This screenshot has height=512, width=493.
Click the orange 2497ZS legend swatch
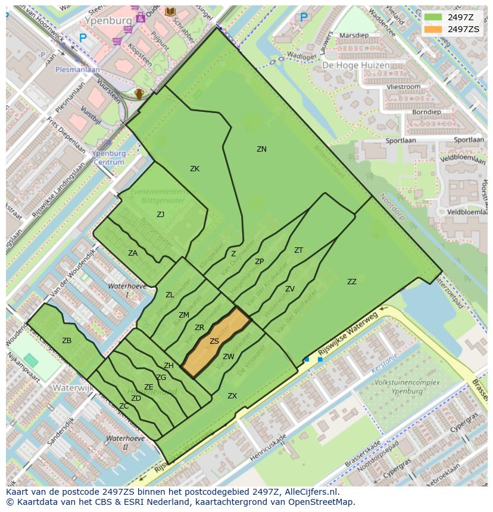click(433, 29)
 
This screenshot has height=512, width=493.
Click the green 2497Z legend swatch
click(433, 17)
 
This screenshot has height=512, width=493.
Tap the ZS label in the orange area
click(214, 341)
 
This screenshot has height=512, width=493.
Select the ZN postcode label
click(261, 149)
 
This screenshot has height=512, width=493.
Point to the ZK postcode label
click(195, 169)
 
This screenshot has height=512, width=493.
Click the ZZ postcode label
click(352, 282)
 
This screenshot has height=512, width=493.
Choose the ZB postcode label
click(67, 341)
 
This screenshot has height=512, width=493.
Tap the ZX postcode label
click(232, 395)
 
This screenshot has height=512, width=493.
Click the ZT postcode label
click(298, 250)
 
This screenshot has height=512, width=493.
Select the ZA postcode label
click(133, 253)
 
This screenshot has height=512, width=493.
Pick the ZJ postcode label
click(160, 215)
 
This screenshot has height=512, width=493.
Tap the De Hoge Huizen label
click(355, 65)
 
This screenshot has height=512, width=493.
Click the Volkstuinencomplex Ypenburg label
click(398, 387)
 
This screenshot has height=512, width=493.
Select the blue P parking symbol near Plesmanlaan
click(83, 37)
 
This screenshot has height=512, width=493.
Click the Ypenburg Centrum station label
click(109, 158)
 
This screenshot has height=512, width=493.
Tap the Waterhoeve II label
click(124, 442)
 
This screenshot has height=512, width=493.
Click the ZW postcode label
click(229, 357)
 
